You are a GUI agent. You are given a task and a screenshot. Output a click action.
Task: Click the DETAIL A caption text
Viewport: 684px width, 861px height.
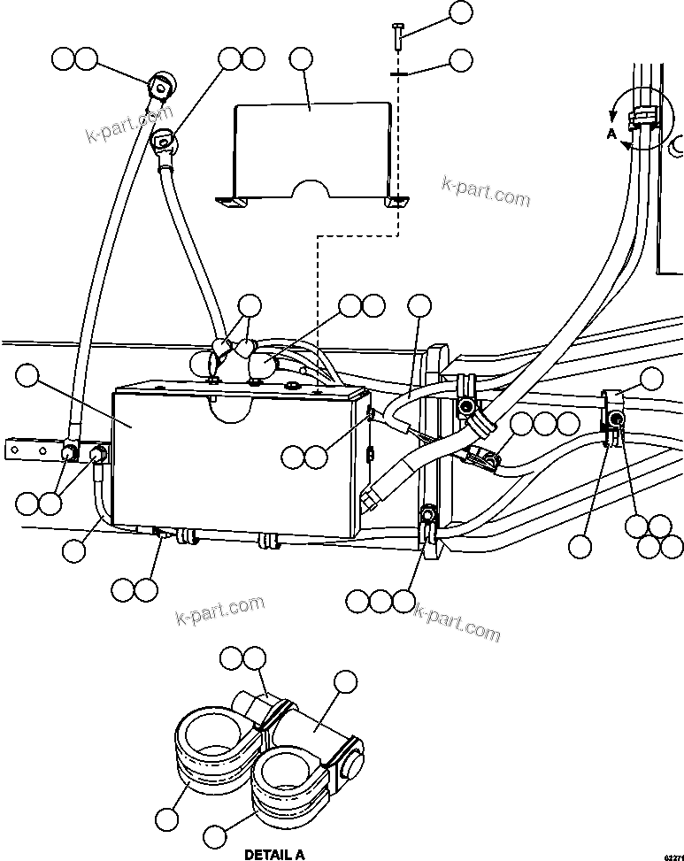point(273,855)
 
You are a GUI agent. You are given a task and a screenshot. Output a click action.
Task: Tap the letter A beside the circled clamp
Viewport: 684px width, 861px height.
point(611,135)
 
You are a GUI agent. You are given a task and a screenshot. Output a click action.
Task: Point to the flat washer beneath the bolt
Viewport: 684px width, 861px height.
point(397,75)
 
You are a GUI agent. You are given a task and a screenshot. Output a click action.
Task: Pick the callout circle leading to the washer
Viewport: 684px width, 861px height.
point(461,60)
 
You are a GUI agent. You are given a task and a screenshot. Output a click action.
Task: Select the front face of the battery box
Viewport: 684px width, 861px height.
point(230,460)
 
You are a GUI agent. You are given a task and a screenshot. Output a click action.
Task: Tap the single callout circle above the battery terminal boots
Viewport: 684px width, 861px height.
point(250,306)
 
